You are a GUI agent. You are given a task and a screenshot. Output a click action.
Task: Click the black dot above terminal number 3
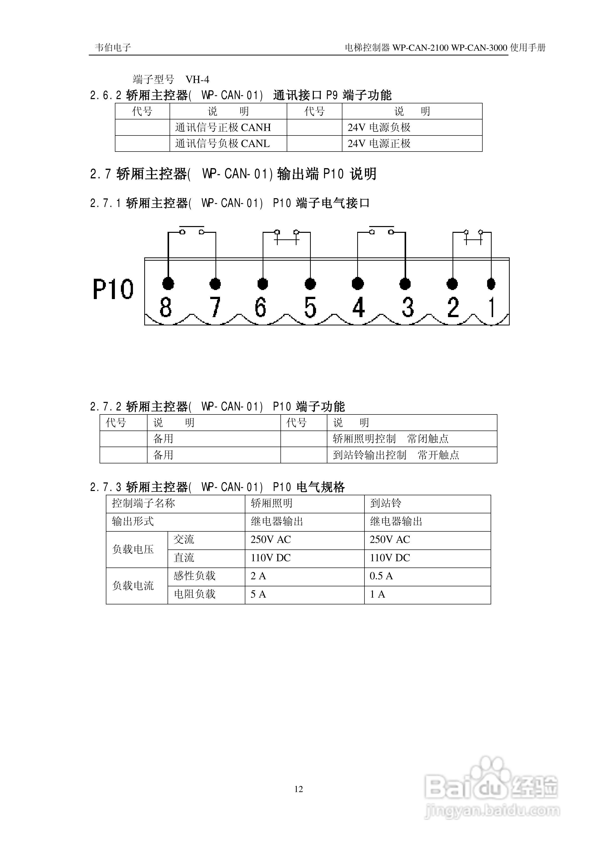point(405,284)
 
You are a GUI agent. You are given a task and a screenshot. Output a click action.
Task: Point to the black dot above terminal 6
point(262,284)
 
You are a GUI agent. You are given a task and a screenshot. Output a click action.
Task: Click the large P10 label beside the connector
point(113,289)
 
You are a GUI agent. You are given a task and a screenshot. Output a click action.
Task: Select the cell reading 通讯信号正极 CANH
point(223,127)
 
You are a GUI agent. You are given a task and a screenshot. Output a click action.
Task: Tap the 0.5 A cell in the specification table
point(381,576)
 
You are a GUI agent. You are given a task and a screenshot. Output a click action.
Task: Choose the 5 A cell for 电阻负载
point(258,594)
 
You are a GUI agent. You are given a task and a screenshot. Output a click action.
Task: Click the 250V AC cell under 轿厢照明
point(271,540)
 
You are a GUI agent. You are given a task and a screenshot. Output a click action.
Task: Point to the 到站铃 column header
point(385,503)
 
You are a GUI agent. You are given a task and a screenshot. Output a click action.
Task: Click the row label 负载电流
point(133,586)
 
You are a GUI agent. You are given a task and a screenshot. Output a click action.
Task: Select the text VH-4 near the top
point(197,79)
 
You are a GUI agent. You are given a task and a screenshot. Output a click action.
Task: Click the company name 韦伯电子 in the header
point(113,47)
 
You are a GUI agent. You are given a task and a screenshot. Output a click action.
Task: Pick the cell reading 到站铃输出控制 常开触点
point(396,455)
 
